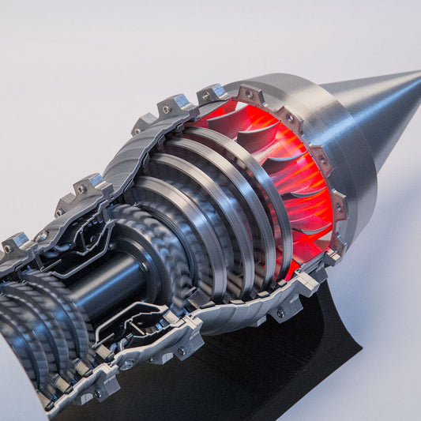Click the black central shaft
pyautogui.click(x=111, y=284)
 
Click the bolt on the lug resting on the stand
pyautogui.click(x=280, y=313)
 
